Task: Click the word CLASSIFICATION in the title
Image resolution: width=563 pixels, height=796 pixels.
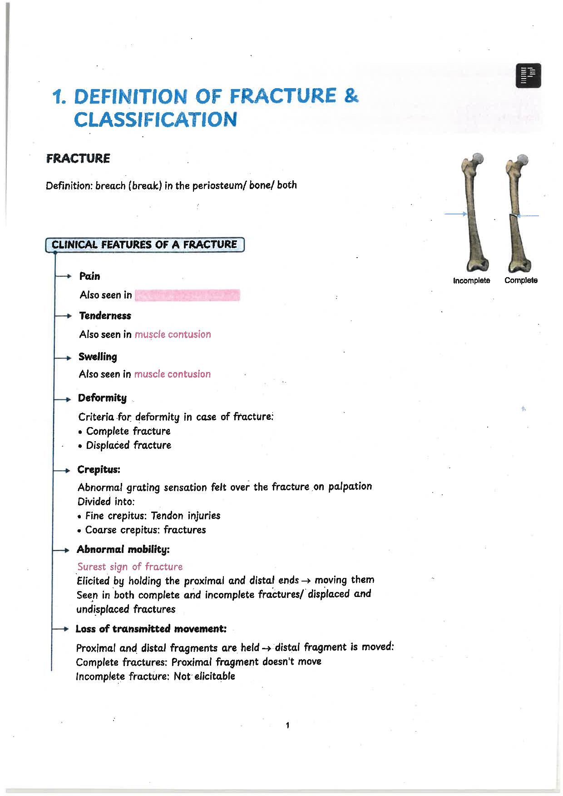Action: coord(155,119)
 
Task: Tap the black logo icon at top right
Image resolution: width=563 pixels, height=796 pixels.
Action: coord(528,75)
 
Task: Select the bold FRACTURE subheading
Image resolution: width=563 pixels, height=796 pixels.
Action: coord(78,159)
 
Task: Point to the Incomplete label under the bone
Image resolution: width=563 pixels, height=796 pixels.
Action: coord(471,280)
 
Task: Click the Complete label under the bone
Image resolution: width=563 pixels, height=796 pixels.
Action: coord(521,280)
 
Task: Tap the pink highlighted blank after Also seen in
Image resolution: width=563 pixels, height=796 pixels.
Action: coord(187,295)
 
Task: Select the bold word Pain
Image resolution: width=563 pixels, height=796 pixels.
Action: coord(89,276)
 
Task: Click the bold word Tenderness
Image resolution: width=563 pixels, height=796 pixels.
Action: coord(105,316)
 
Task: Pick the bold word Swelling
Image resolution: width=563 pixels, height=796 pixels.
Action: coord(98,357)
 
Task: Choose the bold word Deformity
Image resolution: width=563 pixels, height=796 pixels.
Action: coord(102,398)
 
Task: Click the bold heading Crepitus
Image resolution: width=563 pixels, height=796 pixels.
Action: coord(99,469)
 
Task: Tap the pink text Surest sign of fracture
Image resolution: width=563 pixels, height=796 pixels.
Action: coord(130,567)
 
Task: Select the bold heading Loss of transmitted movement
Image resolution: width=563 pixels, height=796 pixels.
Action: coord(151,629)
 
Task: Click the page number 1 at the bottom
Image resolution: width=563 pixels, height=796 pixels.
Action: coord(287,726)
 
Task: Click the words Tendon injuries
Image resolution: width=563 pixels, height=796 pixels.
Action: coord(185,516)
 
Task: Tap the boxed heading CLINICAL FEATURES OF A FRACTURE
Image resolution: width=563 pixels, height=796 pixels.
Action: coord(144,245)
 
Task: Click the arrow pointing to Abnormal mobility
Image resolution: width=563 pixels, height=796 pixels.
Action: coord(61,550)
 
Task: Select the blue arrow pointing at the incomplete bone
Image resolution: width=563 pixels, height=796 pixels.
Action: coord(455,214)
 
